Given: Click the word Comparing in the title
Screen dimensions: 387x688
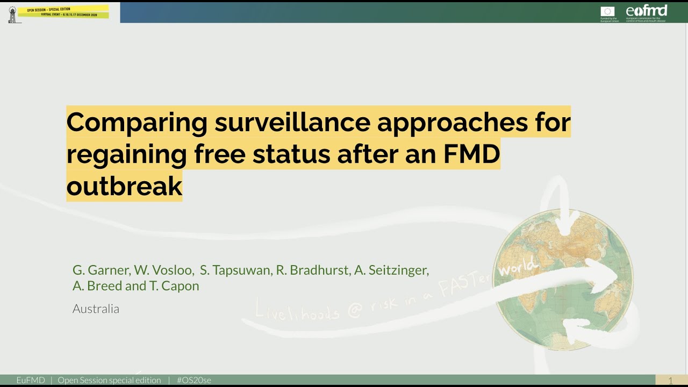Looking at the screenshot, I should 137,123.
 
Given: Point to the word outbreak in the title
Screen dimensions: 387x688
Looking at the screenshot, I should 124,186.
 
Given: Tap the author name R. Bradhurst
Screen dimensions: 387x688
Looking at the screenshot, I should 312,270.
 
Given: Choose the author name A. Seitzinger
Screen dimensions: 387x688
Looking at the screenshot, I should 392,270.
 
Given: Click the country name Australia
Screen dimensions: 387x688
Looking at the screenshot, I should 96,309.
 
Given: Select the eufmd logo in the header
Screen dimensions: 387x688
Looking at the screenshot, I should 647,12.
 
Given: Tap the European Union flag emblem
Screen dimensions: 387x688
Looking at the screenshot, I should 607,11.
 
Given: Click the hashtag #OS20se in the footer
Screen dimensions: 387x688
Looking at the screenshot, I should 193,381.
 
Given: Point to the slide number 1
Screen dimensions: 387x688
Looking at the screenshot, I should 670,381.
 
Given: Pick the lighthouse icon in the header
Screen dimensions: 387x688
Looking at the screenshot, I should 12,15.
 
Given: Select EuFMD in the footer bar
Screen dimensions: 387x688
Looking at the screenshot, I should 31,381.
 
